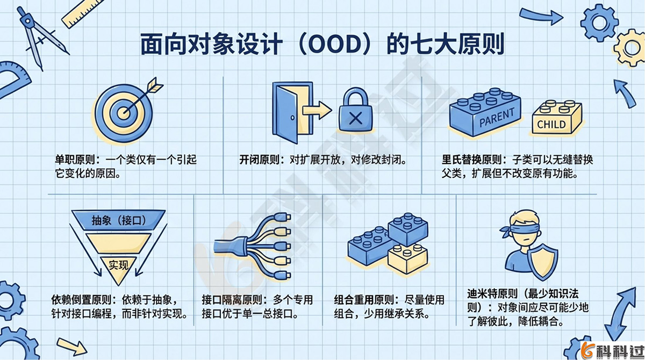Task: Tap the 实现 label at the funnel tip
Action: pyautogui.click(x=119, y=264)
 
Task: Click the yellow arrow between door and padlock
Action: pyautogui.click(x=317, y=110)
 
